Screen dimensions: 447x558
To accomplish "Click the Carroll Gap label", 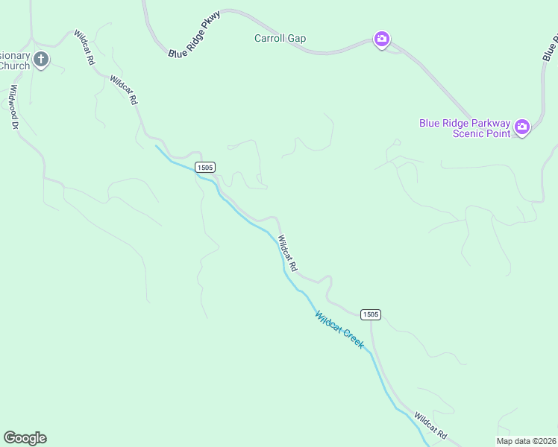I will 280,39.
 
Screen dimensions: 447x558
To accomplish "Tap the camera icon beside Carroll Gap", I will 381,39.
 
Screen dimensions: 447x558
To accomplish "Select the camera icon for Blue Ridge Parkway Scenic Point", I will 522,127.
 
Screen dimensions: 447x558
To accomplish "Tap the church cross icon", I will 41,60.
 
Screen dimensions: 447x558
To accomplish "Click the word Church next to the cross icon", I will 14,66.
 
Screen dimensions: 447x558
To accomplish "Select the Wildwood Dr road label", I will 13,107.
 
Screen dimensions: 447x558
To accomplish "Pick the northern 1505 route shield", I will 205,168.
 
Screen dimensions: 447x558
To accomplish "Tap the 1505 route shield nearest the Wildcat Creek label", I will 371,314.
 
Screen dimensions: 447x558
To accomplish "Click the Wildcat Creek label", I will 339,330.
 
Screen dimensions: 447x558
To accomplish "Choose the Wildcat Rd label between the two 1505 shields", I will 288,253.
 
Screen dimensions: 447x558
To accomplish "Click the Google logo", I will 25,438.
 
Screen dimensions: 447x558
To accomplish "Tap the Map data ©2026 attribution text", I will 526,441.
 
